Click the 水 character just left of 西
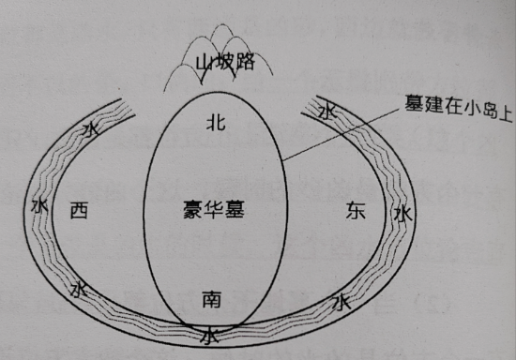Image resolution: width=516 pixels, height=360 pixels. coord(39,205)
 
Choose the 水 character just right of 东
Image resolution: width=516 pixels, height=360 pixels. coord(402,215)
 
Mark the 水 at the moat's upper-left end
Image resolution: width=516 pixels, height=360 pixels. coord(90,128)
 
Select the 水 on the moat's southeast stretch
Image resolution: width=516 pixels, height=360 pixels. coord(341,302)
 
